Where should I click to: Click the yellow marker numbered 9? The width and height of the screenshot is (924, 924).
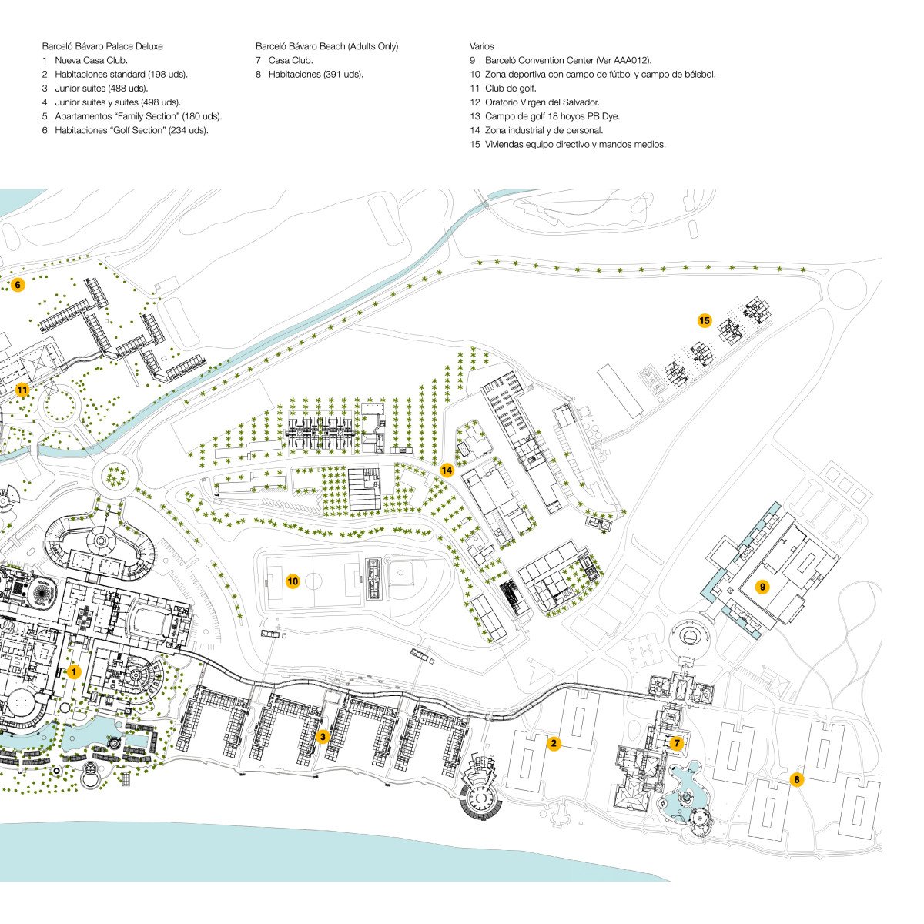tap(762, 588)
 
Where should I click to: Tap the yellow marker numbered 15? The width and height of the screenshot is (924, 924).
tap(704, 320)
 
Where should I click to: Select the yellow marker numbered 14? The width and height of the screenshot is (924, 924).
tap(447, 470)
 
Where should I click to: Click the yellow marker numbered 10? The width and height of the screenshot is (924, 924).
tap(293, 581)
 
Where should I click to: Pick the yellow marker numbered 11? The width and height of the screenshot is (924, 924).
tap(22, 390)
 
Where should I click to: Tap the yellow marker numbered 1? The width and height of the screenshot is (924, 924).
tap(73, 672)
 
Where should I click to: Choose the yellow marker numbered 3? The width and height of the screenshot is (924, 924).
tap(323, 737)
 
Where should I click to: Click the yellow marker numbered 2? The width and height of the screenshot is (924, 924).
tap(553, 743)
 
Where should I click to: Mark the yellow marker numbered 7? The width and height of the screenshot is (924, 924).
tap(676, 743)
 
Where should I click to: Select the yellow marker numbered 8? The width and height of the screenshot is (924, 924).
tap(797, 780)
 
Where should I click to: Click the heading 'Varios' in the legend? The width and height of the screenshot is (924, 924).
tap(481, 47)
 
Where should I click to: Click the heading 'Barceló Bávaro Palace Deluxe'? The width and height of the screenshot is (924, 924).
tap(102, 47)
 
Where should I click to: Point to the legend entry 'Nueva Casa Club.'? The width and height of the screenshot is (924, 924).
tap(91, 61)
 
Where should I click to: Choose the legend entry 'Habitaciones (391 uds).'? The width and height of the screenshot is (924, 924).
tap(316, 75)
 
